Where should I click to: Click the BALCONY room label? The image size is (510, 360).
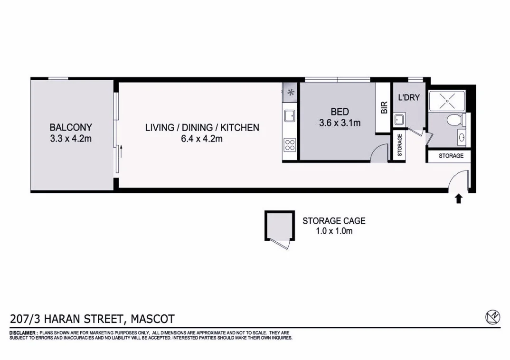pyautogui.click(x=71, y=127)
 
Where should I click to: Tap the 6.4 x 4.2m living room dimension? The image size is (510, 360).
pyautogui.click(x=202, y=139)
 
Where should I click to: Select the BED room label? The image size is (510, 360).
pyautogui.click(x=340, y=112)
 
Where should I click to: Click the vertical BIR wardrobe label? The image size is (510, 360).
pyautogui.click(x=384, y=107)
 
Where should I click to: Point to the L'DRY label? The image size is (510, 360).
pyautogui.click(x=408, y=98)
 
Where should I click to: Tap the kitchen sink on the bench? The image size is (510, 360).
pyautogui.click(x=289, y=115)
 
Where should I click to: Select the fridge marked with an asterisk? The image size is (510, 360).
pyautogui.click(x=290, y=93)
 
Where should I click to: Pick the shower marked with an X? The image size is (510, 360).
pyautogui.click(x=447, y=101)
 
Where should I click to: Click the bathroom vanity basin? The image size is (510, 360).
pyautogui.click(x=462, y=138)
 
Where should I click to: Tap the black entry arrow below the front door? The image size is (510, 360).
pyautogui.click(x=459, y=199)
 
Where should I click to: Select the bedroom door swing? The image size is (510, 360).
pyautogui.click(x=378, y=154)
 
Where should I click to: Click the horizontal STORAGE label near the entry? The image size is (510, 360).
pyautogui.click(x=451, y=156)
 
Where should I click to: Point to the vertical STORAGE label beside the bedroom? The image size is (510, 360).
pyautogui.click(x=399, y=145)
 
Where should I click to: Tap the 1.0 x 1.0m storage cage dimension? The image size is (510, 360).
pyautogui.click(x=334, y=231)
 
